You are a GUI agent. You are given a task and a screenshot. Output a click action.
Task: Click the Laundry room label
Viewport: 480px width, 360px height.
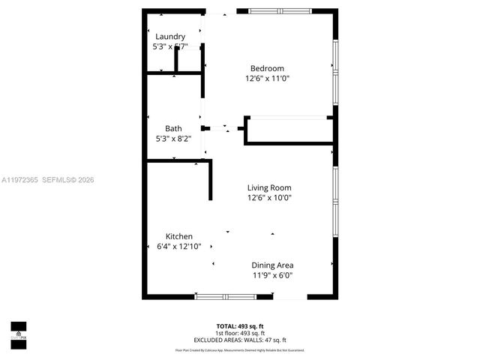(170, 36)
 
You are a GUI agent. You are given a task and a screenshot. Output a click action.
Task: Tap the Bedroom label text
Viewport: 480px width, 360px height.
(267, 68)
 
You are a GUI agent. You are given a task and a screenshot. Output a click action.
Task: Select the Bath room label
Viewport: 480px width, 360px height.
(173, 128)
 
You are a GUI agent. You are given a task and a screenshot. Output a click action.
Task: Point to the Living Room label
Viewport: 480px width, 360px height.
(269, 187)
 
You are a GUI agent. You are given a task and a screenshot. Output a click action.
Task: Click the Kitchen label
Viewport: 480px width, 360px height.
(169, 236)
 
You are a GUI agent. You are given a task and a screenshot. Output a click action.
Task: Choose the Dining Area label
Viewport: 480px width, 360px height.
(271, 265)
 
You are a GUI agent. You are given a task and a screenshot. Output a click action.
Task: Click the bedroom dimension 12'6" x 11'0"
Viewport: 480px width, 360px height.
(267, 78)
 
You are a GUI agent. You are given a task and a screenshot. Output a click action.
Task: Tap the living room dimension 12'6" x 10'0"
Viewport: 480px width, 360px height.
(269, 198)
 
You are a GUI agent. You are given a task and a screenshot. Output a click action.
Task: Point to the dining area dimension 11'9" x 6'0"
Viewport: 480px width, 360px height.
(271, 275)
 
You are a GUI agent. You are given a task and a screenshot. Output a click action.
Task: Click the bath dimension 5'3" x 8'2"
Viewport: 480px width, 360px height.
(173, 139)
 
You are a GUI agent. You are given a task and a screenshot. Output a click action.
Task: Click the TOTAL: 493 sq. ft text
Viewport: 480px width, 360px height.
(239, 326)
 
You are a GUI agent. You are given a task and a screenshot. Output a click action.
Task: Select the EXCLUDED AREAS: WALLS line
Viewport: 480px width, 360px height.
(239, 340)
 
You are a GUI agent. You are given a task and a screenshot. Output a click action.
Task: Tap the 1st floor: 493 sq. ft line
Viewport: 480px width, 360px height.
(239, 333)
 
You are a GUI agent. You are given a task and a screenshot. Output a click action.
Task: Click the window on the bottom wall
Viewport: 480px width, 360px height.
(225, 296)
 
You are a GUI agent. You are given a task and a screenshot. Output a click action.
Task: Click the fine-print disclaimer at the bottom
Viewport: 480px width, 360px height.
(239, 349)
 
